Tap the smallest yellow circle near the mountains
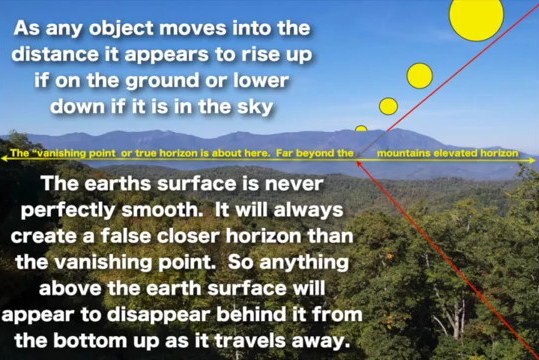(x=361, y=128)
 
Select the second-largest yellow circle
(x=420, y=76)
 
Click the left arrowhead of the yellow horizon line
(x=5, y=156)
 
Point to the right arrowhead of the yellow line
(x=534, y=156)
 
